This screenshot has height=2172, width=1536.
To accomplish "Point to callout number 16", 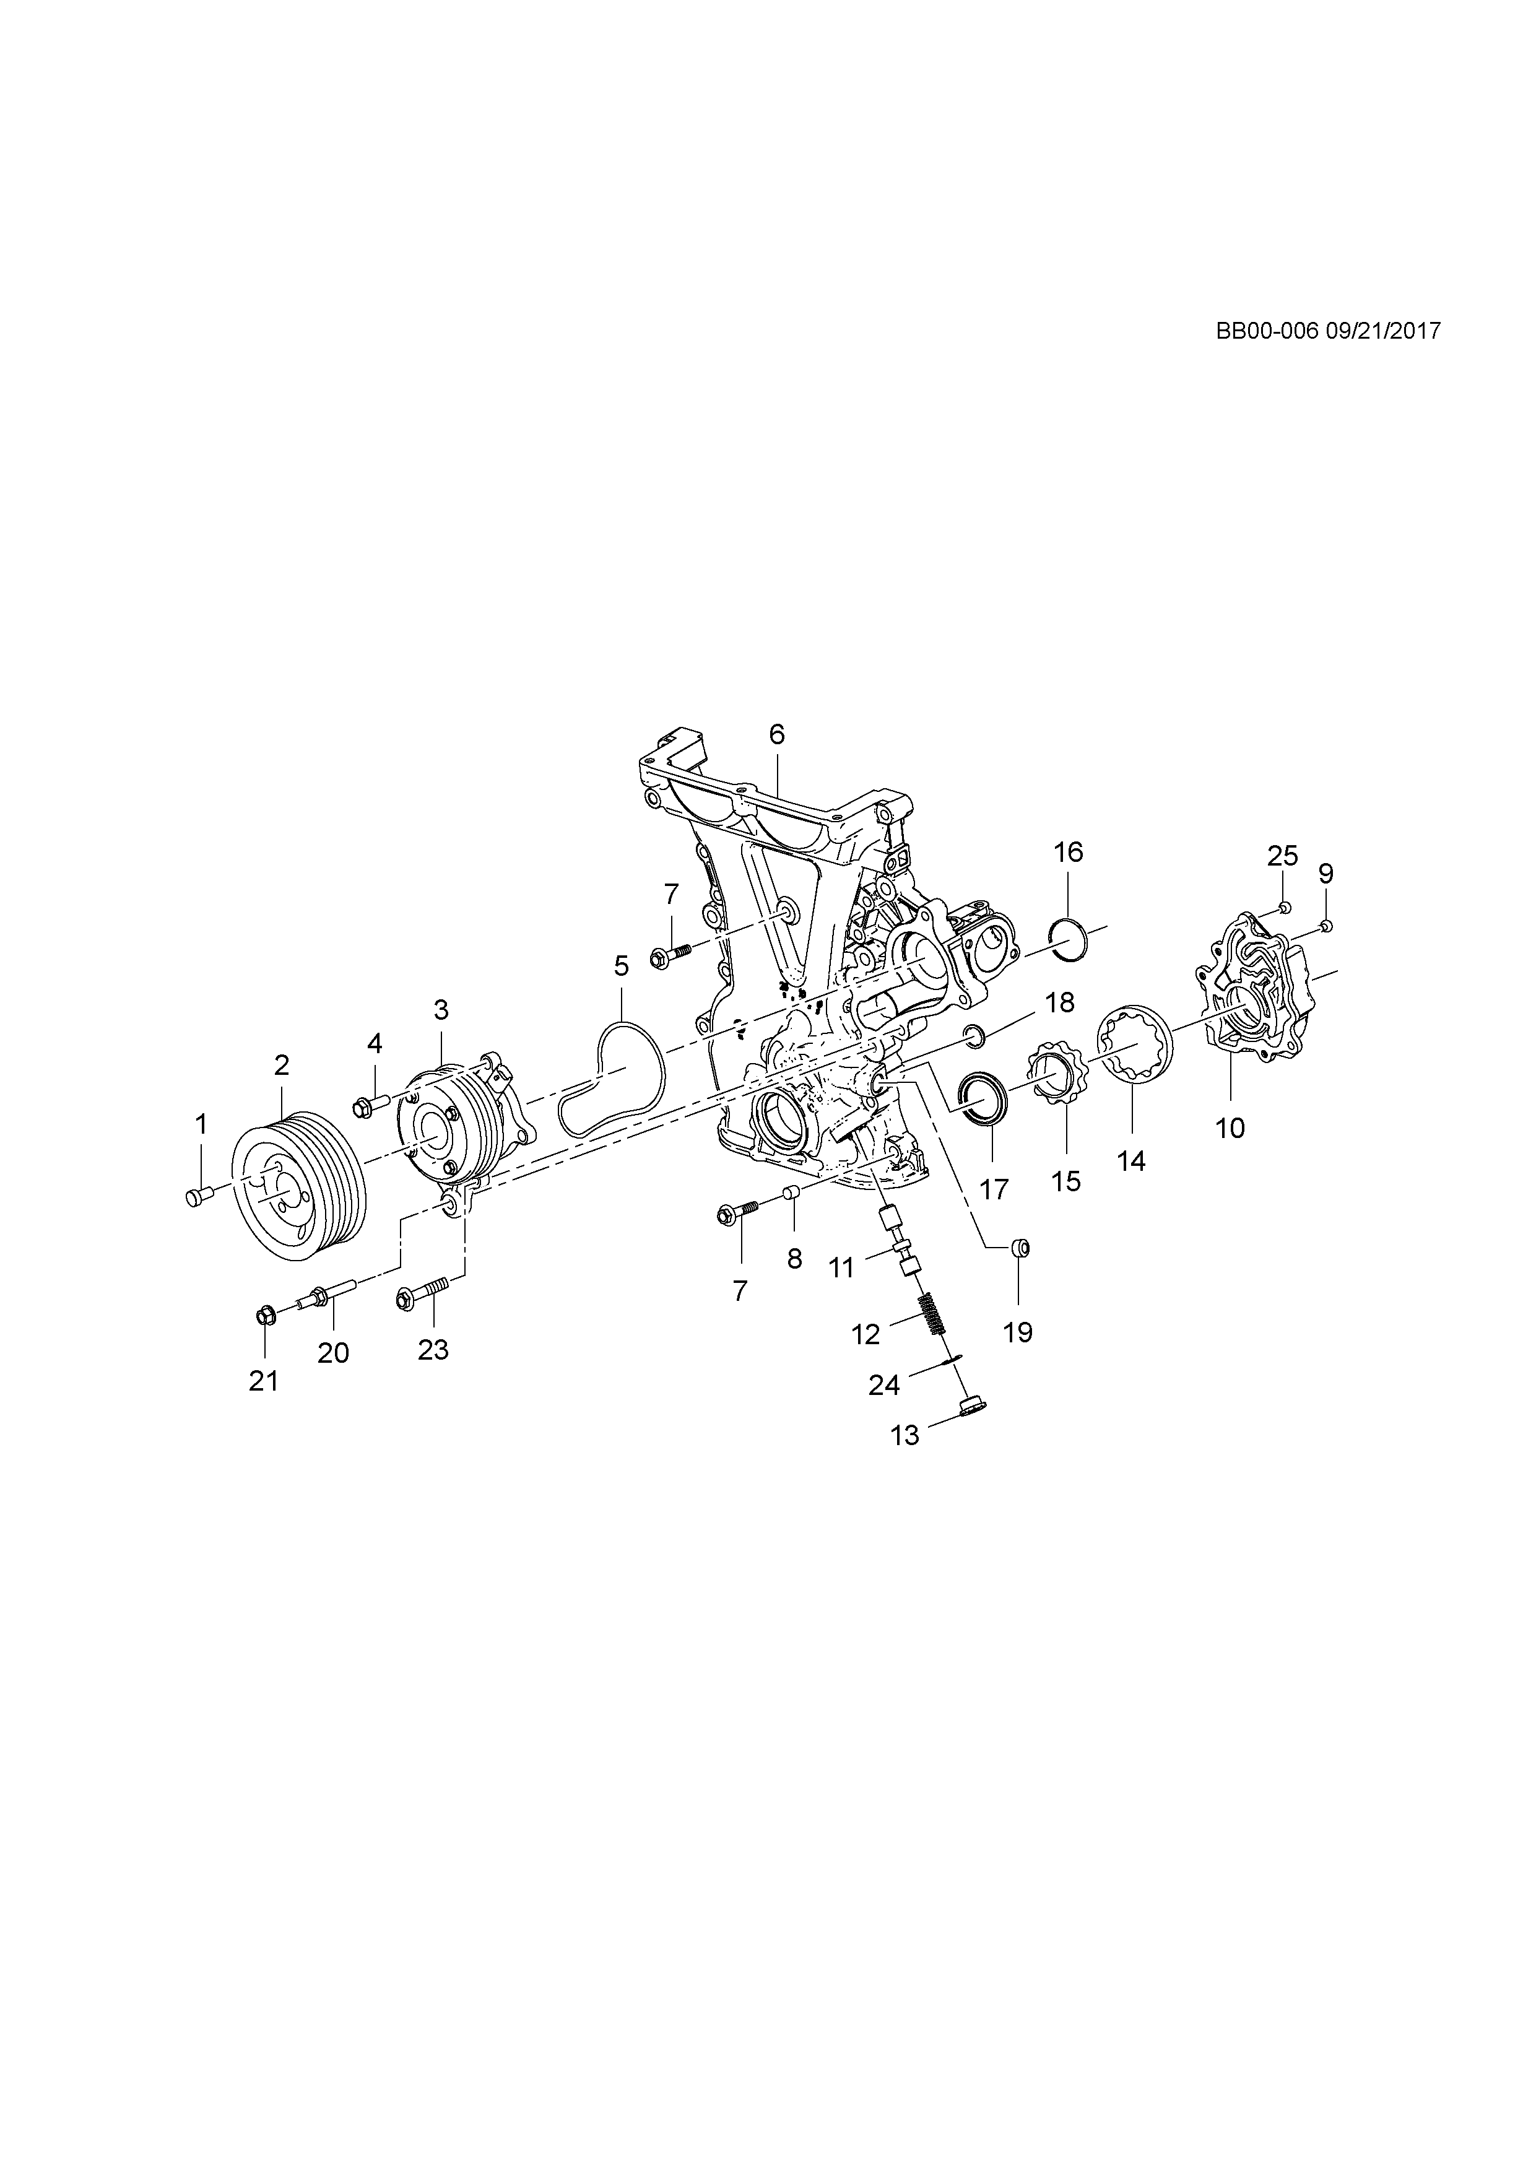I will tap(1068, 853).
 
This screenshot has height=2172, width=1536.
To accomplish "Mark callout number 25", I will tap(1283, 856).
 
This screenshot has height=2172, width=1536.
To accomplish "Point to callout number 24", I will tap(883, 1385).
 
